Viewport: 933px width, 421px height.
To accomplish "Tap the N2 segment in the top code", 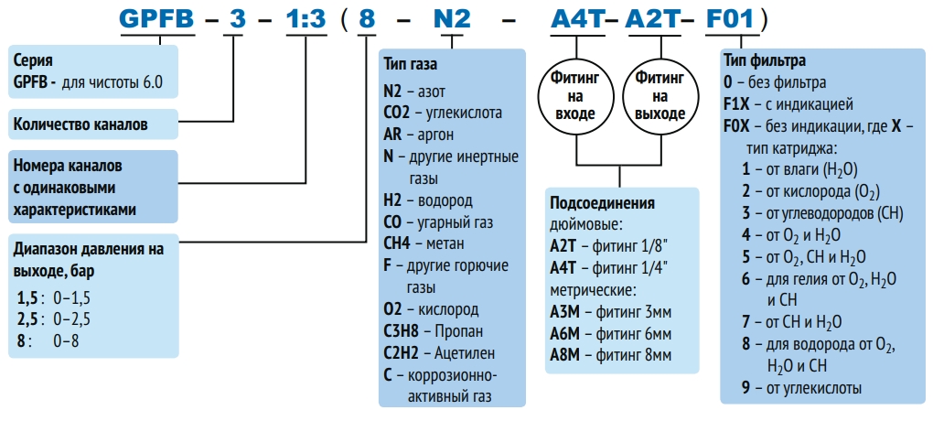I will [x=450, y=19].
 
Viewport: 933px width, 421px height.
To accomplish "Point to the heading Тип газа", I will [x=411, y=66].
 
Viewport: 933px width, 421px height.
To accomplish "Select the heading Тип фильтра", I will [x=764, y=60].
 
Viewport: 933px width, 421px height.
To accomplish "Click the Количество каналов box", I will [x=80, y=124].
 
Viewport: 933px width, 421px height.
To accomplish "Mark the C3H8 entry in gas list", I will [x=405, y=330].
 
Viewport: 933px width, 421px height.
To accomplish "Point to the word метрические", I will [x=593, y=289].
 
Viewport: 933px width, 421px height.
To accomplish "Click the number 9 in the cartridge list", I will [x=746, y=388].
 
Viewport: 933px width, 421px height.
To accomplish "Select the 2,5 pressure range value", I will [x=29, y=318].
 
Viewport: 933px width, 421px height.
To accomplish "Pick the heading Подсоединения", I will [x=602, y=202].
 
